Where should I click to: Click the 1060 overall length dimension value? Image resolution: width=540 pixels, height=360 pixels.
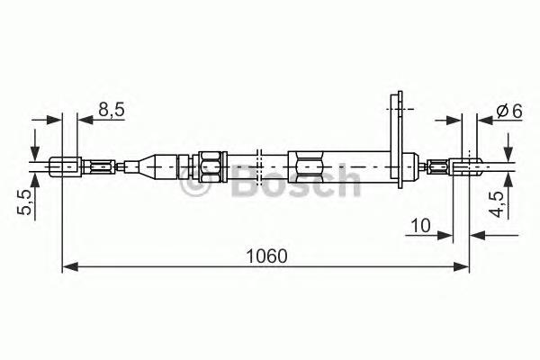click(267, 256)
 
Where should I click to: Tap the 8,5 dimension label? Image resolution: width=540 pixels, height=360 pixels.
click(111, 110)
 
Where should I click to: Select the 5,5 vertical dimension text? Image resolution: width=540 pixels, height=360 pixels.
click(24, 202)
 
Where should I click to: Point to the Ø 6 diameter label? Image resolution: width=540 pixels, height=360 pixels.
click(509, 112)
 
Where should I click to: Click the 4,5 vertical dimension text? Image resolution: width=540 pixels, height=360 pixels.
click(497, 204)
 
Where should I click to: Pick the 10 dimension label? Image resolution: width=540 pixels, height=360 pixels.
click(421, 226)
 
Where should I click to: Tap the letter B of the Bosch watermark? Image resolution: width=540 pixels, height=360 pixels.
click(246, 181)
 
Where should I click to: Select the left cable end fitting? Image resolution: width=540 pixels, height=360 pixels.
click(66, 166)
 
